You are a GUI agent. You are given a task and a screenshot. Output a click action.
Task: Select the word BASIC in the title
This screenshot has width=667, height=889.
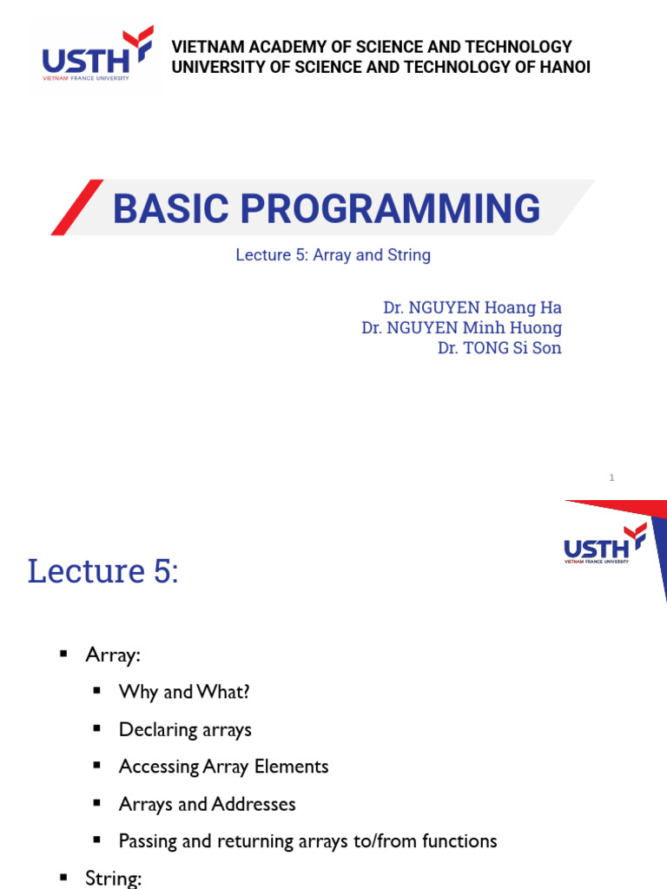[x=171, y=208]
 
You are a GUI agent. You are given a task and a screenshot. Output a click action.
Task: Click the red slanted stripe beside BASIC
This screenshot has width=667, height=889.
[x=77, y=207]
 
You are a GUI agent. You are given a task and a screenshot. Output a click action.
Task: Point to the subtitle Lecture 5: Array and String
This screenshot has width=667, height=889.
[x=333, y=255]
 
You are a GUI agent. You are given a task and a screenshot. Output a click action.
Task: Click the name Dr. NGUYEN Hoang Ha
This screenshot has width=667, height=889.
[x=472, y=307]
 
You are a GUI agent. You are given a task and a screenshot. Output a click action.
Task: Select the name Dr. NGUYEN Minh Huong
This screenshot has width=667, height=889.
[x=462, y=327]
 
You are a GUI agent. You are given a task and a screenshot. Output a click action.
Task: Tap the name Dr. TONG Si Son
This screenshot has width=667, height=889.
[x=499, y=347]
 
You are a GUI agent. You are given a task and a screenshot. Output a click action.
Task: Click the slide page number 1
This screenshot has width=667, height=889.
[x=611, y=477]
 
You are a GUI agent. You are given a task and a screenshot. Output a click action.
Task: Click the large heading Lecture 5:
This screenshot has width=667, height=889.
[x=103, y=570]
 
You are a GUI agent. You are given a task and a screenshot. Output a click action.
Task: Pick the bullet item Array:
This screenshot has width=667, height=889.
[x=113, y=655]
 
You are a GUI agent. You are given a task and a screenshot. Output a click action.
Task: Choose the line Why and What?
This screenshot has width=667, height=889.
[x=184, y=692]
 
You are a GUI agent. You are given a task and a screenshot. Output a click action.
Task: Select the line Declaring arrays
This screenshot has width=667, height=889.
[x=186, y=729]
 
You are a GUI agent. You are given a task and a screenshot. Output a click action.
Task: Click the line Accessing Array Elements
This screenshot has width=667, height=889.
[x=224, y=767]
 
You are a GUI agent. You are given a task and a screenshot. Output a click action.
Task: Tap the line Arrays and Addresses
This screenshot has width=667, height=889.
[x=208, y=804]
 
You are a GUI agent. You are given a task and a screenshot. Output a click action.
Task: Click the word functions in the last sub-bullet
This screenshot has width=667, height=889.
[x=460, y=840]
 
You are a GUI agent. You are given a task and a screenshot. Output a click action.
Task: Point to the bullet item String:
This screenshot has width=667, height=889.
[x=114, y=879]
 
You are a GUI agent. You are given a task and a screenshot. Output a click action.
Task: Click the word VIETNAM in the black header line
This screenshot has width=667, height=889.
[x=208, y=47]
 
